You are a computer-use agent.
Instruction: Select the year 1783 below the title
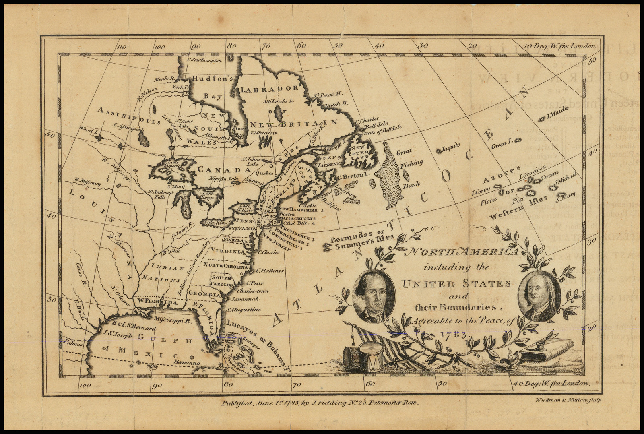pos(454,335)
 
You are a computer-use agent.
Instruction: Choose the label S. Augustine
pos(243,310)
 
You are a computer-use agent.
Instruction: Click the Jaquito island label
pos(450,148)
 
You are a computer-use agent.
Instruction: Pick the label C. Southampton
pos(205,60)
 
